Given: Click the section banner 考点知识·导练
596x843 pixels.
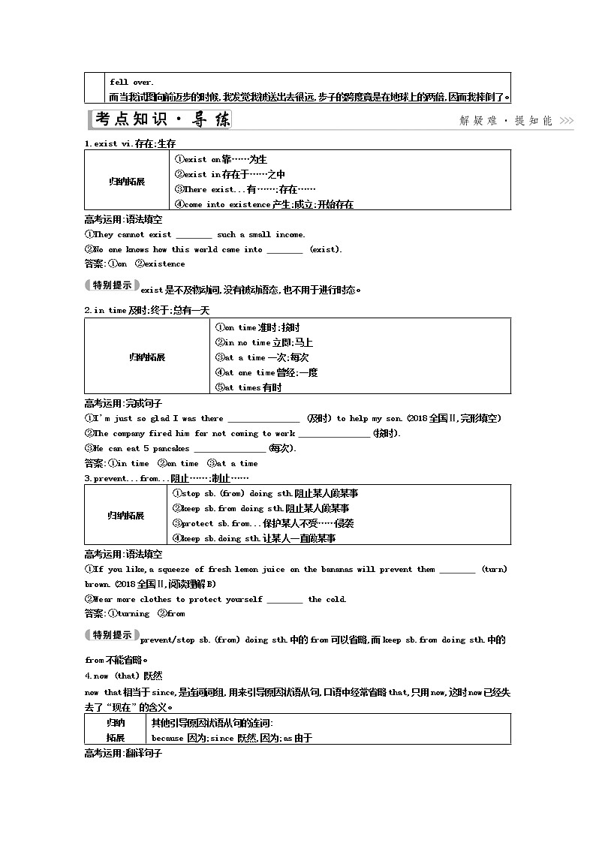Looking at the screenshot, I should click(x=161, y=120).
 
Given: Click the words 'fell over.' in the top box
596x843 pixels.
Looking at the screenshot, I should click(x=131, y=82).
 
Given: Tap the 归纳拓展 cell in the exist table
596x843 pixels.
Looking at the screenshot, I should click(x=127, y=182).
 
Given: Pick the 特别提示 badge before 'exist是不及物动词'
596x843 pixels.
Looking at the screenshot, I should click(x=111, y=285).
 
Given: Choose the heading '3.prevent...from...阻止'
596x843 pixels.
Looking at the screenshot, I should click(x=166, y=478).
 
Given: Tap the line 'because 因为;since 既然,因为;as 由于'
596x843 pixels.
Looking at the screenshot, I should click(x=231, y=738).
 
